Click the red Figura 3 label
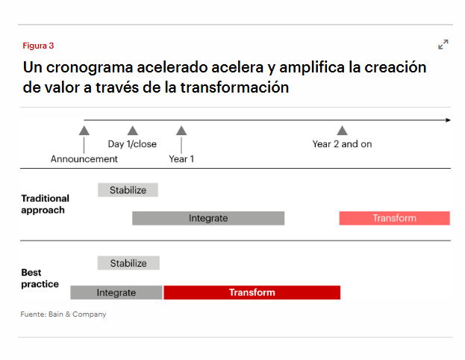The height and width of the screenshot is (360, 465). (x=38, y=46)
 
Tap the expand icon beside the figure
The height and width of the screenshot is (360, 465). (x=443, y=45)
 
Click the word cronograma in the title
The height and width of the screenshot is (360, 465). (x=90, y=67)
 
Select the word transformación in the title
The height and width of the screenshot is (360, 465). (x=234, y=87)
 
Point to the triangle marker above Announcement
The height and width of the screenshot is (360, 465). (x=84, y=131)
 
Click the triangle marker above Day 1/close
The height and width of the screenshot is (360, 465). (x=133, y=131)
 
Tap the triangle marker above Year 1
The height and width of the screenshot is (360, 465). (x=181, y=131)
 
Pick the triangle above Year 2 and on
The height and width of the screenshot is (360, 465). (x=342, y=130)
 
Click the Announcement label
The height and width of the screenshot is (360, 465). (x=84, y=159)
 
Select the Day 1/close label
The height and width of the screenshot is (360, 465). (x=132, y=144)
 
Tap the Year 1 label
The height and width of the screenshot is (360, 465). (x=181, y=159)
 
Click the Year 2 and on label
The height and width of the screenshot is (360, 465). (x=342, y=144)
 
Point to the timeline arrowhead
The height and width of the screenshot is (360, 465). (x=449, y=120)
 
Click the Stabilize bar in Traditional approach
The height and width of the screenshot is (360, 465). (x=128, y=190)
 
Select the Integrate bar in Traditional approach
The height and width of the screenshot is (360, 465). (x=208, y=218)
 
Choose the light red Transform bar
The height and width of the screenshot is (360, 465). (x=394, y=218)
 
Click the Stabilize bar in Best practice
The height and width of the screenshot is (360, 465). (x=128, y=263)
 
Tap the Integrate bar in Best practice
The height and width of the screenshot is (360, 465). (x=116, y=293)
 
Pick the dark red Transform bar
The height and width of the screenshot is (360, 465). (x=252, y=293)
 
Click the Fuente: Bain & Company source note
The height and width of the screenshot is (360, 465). (x=63, y=314)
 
